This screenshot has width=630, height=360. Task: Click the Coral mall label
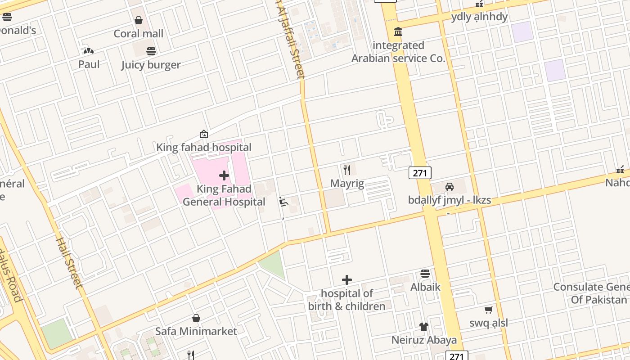pos(138,34)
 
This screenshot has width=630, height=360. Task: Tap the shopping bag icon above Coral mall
pos(139,20)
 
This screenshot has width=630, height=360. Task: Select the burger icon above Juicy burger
pos(151,51)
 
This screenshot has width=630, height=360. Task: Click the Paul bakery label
pos(89,64)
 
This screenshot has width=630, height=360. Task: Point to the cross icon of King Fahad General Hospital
pos(224,175)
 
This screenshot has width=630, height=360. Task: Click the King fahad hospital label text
pos(203,148)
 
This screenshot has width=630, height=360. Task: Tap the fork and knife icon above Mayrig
pos(347,170)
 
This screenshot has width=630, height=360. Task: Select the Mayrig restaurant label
pos(347,184)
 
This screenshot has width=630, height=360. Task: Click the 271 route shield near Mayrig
pos(420,172)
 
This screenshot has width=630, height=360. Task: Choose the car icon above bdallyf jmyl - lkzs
pos(449,187)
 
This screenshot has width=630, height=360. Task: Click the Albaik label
pos(425,287)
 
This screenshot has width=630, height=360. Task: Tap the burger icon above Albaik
pos(425,274)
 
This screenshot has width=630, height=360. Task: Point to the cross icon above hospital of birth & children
pos(346,280)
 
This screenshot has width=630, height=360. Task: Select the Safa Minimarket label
pos(196,332)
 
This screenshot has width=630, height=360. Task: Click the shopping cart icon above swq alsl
pos(488,310)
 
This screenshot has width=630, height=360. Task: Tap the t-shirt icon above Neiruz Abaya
pos(423,327)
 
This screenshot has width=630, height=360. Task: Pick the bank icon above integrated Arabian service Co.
pos(398,32)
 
